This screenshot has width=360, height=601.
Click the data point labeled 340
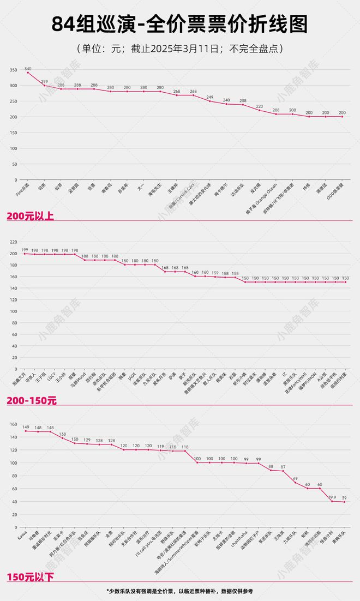pos(28,73)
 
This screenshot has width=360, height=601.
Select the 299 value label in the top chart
pos(44,81)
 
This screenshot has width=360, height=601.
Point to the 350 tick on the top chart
pos(13,70)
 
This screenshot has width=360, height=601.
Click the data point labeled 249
pos(210,101)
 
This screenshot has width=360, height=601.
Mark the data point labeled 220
pos(260,111)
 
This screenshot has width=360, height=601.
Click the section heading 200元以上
pos(31,216)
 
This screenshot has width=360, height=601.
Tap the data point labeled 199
pos(25,254)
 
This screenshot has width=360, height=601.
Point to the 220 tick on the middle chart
pos(13,241)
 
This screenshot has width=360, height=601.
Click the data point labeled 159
pos(215,277)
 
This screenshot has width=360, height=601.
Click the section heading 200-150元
pos(32,401)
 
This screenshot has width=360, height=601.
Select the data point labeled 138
pos(63,438)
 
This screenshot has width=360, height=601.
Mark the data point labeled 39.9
pos(332,501)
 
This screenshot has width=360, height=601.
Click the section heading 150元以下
pos(31,576)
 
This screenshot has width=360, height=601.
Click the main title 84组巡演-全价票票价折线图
pos(180,25)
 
